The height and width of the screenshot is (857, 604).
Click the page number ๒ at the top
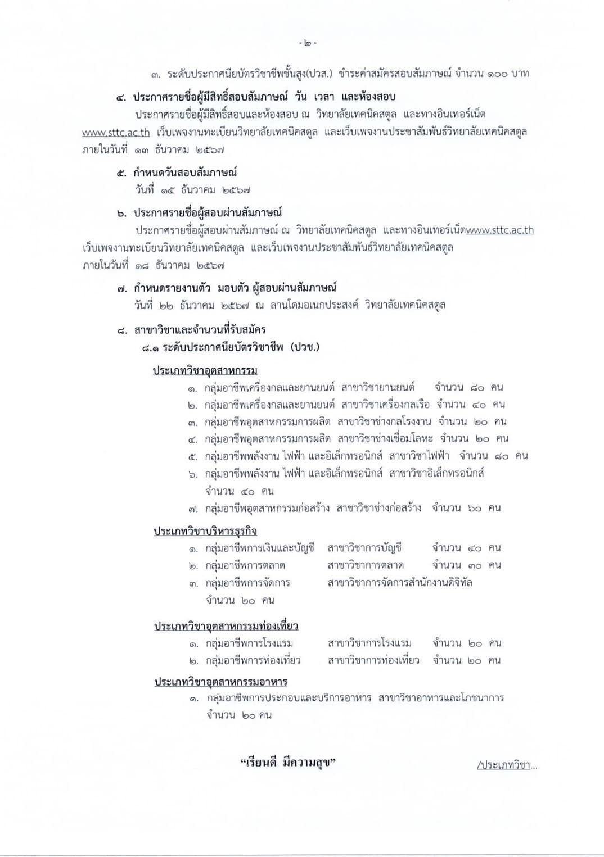tap(308, 43)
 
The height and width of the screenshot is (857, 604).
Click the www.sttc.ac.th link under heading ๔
tap(116, 133)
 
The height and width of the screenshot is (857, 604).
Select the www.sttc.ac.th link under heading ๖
tap(500, 230)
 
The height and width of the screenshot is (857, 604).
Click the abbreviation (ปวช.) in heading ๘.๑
tap(305, 347)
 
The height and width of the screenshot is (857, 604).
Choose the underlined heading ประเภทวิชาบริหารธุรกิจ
tap(205, 531)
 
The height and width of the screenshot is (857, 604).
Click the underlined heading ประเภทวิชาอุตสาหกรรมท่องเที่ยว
tap(226, 626)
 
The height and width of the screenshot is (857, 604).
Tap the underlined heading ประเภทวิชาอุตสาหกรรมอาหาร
tap(220, 682)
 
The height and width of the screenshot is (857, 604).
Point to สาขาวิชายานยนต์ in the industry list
tap(378, 387)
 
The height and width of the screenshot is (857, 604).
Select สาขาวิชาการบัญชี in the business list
tap(364, 548)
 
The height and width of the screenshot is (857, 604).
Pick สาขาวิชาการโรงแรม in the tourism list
tap(369, 643)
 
